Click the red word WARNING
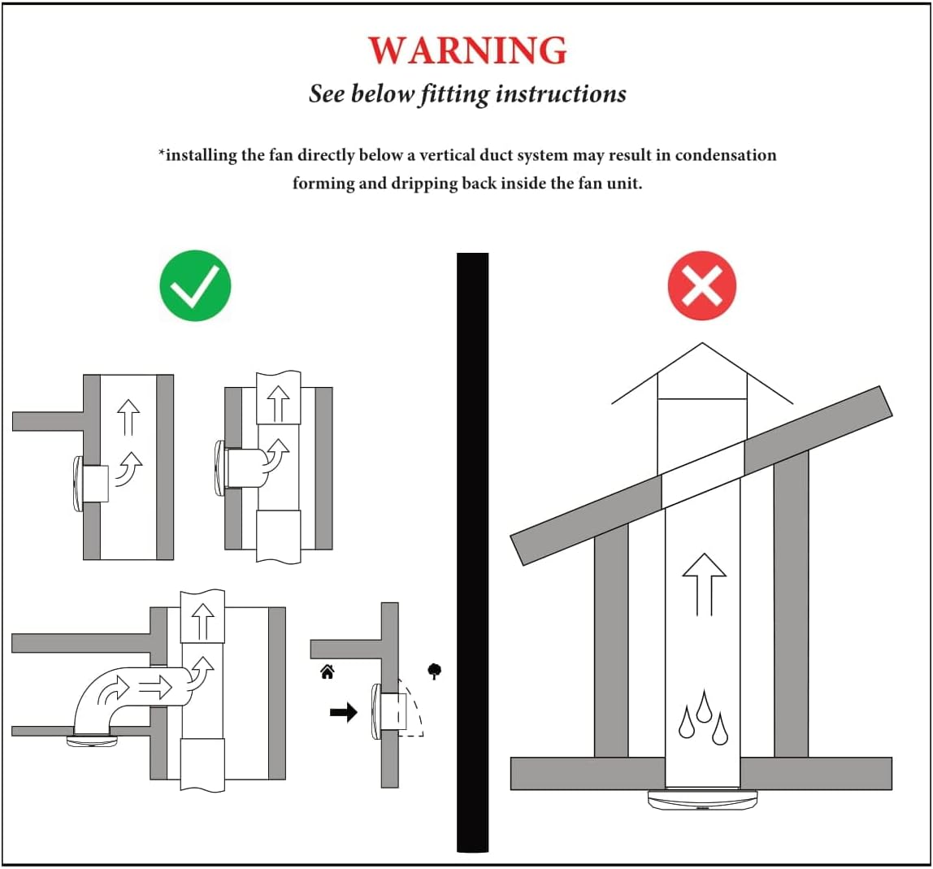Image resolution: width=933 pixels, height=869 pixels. [467, 50]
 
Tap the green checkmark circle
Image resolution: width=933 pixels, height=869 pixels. [195, 285]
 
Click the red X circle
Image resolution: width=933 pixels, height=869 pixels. [701, 285]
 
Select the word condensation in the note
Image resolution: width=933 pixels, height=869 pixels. [726, 155]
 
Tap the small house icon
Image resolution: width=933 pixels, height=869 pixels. [327, 671]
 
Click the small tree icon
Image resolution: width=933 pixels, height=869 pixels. [435, 671]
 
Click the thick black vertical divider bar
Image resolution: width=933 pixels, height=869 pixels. [472, 553]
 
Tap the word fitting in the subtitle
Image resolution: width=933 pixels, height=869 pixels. [454, 94]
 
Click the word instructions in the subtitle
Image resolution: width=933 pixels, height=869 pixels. [561, 94]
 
